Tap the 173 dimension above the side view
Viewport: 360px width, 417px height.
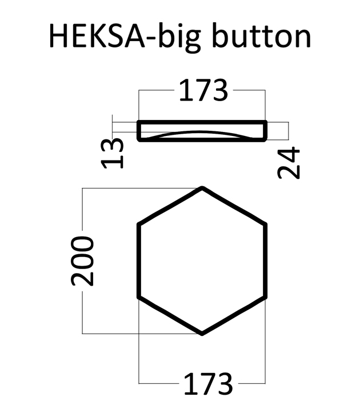tap(203, 91)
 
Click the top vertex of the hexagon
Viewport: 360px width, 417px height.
tap(202, 188)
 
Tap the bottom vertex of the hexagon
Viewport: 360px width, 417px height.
tap(202, 333)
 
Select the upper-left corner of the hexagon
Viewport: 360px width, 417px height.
tap(139, 224)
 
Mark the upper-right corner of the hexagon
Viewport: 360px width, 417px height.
tap(266, 224)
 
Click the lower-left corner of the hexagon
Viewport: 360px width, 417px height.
tap(139, 297)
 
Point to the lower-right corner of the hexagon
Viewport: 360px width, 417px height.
tap(266, 297)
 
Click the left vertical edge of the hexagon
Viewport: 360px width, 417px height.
tap(139, 260)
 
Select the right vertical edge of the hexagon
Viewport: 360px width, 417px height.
tap(266, 260)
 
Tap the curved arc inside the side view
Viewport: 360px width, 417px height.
tap(202, 131)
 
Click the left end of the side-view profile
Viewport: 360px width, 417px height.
tap(139, 131)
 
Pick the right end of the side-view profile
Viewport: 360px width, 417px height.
tap(266, 131)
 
